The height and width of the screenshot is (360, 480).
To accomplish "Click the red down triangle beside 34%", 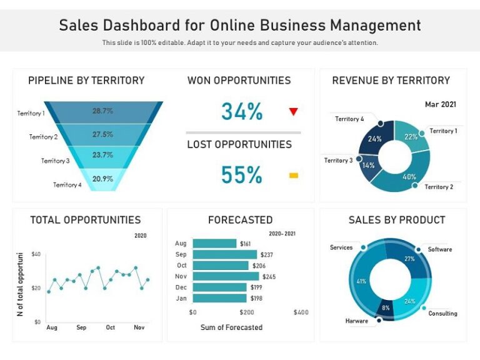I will [293, 112].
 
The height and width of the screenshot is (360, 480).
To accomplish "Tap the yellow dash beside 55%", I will [293, 176].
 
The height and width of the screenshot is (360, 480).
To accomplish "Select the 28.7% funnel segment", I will [103, 111].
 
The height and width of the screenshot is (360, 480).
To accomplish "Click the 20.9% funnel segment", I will [102, 179].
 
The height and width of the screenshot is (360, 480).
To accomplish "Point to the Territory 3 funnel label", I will [55, 161].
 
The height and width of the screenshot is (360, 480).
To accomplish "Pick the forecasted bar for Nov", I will [226, 276].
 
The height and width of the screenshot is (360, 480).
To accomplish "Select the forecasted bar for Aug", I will [214, 244].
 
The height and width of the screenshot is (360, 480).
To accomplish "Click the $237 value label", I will [267, 255].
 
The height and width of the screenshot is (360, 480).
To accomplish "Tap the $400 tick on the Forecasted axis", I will [301, 312].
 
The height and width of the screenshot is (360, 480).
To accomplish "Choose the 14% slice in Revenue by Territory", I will [369, 166].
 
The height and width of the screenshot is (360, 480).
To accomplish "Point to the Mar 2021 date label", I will [440, 104].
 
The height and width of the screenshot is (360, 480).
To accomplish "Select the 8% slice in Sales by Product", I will [386, 307].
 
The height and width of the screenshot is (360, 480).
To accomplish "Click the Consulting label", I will [442, 313].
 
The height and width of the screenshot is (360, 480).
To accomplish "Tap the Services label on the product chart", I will [341, 247].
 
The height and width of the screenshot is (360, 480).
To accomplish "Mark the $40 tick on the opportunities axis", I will [36, 254].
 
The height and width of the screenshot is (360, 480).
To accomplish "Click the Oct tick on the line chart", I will [110, 327].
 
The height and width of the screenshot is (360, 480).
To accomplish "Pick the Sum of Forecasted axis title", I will [231, 327].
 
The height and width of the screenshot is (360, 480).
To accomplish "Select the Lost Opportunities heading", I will [239, 144].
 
